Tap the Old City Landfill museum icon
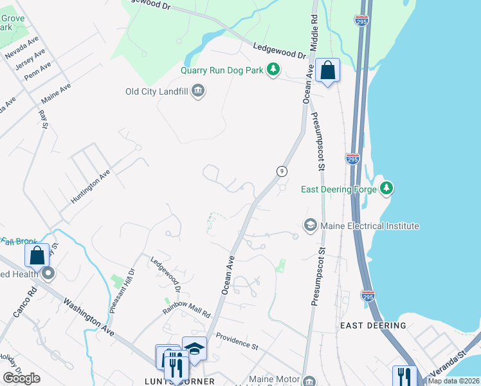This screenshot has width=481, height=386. coord(198,91)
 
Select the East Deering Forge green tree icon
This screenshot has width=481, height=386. coord(386,188)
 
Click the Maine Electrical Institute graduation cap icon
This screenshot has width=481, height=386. coord(310,225)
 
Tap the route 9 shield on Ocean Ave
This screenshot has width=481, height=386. coord(281,170)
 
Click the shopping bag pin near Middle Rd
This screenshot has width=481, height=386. coord(327,70)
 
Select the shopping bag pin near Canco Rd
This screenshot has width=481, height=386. coord(37,255)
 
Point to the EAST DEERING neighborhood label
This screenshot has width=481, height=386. coord(373,326)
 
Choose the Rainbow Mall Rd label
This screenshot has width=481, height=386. coord(186,311)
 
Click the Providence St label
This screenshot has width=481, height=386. coord(237,341)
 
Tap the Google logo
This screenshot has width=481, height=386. coord(21,378)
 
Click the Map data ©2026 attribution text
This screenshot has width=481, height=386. coord(454,381)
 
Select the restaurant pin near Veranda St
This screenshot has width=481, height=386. coord(404,376)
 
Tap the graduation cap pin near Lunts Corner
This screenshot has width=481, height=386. coord(194,348)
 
